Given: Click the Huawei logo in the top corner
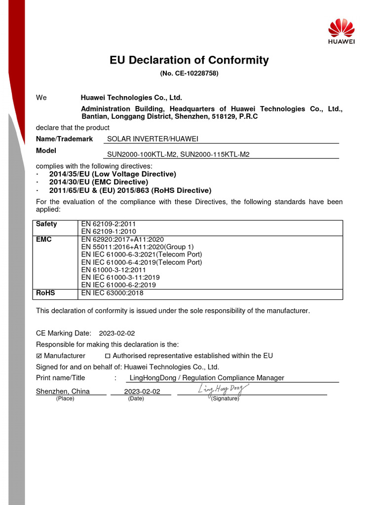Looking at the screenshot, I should [x=341, y=31].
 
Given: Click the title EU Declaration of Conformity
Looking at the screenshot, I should [x=189, y=60].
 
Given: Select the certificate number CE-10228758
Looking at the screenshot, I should [x=189, y=73].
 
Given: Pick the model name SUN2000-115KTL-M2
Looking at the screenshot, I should [x=215, y=154].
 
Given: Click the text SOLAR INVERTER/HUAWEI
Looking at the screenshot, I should [x=152, y=139].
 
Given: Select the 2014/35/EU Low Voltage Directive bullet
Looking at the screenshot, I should [x=113, y=174].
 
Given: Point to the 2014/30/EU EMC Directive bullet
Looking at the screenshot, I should [x=99, y=182].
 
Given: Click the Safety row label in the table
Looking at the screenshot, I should [x=46, y=224].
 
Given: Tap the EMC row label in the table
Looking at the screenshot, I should [x=44, y=239].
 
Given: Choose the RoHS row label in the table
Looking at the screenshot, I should [x=45, y=293].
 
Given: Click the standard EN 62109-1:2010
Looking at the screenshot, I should [x=108, y=231].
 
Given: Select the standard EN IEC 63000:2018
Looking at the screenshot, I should [x=112, y=293].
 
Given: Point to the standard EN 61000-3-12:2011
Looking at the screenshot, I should [x=114, y=270].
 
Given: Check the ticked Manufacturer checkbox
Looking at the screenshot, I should [x=39, y=356].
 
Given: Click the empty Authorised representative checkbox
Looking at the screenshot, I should [x=108, y=356].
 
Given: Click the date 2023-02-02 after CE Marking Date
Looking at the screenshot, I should [x=116, y=333].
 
